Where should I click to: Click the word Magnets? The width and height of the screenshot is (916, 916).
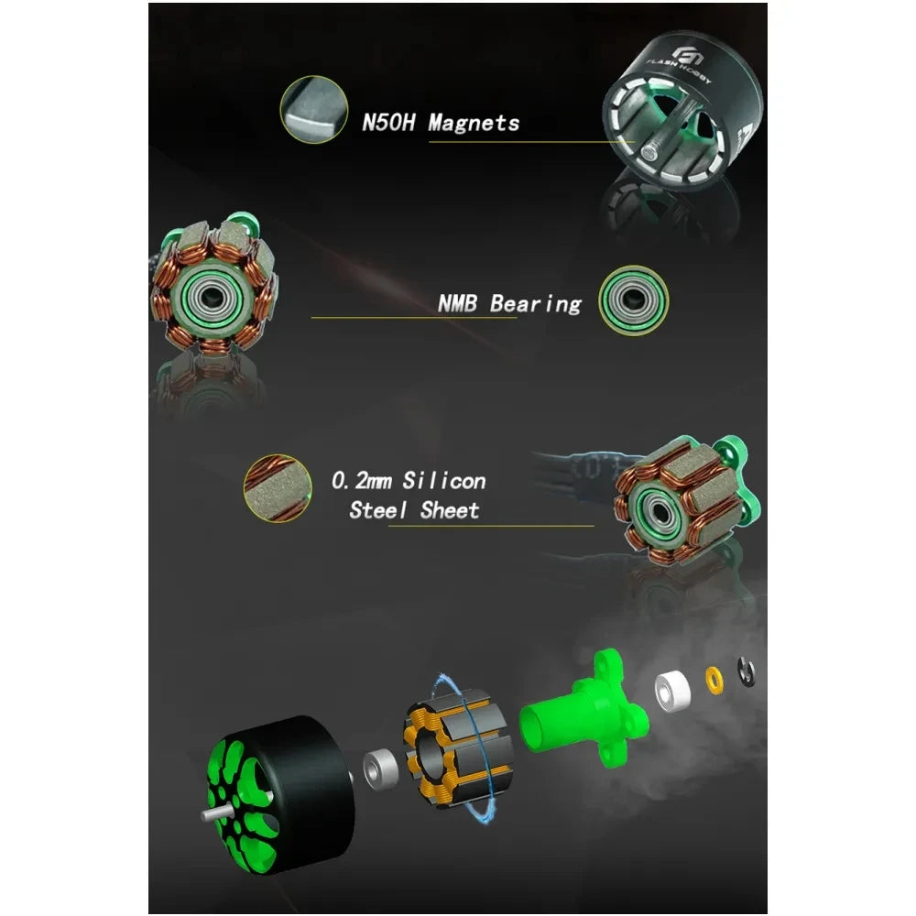474,123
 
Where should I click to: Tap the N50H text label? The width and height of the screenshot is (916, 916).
388,123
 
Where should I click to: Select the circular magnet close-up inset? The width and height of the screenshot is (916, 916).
314,109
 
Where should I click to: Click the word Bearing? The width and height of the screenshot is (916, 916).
536,304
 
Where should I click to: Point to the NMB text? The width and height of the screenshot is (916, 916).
457,303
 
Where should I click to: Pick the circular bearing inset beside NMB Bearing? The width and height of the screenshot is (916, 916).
633,300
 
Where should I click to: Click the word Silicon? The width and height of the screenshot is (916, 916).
444,481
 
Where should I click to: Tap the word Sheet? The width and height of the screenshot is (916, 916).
450,510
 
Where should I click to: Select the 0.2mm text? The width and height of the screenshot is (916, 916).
361,481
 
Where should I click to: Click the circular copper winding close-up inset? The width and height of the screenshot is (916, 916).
278,488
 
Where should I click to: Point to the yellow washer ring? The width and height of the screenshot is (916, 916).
714,681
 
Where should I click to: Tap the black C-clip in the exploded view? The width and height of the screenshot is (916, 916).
747,672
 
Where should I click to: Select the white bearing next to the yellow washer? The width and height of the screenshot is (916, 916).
672,692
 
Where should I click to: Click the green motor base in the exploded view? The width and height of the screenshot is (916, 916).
584,707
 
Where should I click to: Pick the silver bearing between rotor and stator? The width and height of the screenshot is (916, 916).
381,768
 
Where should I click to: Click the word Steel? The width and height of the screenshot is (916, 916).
378,510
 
